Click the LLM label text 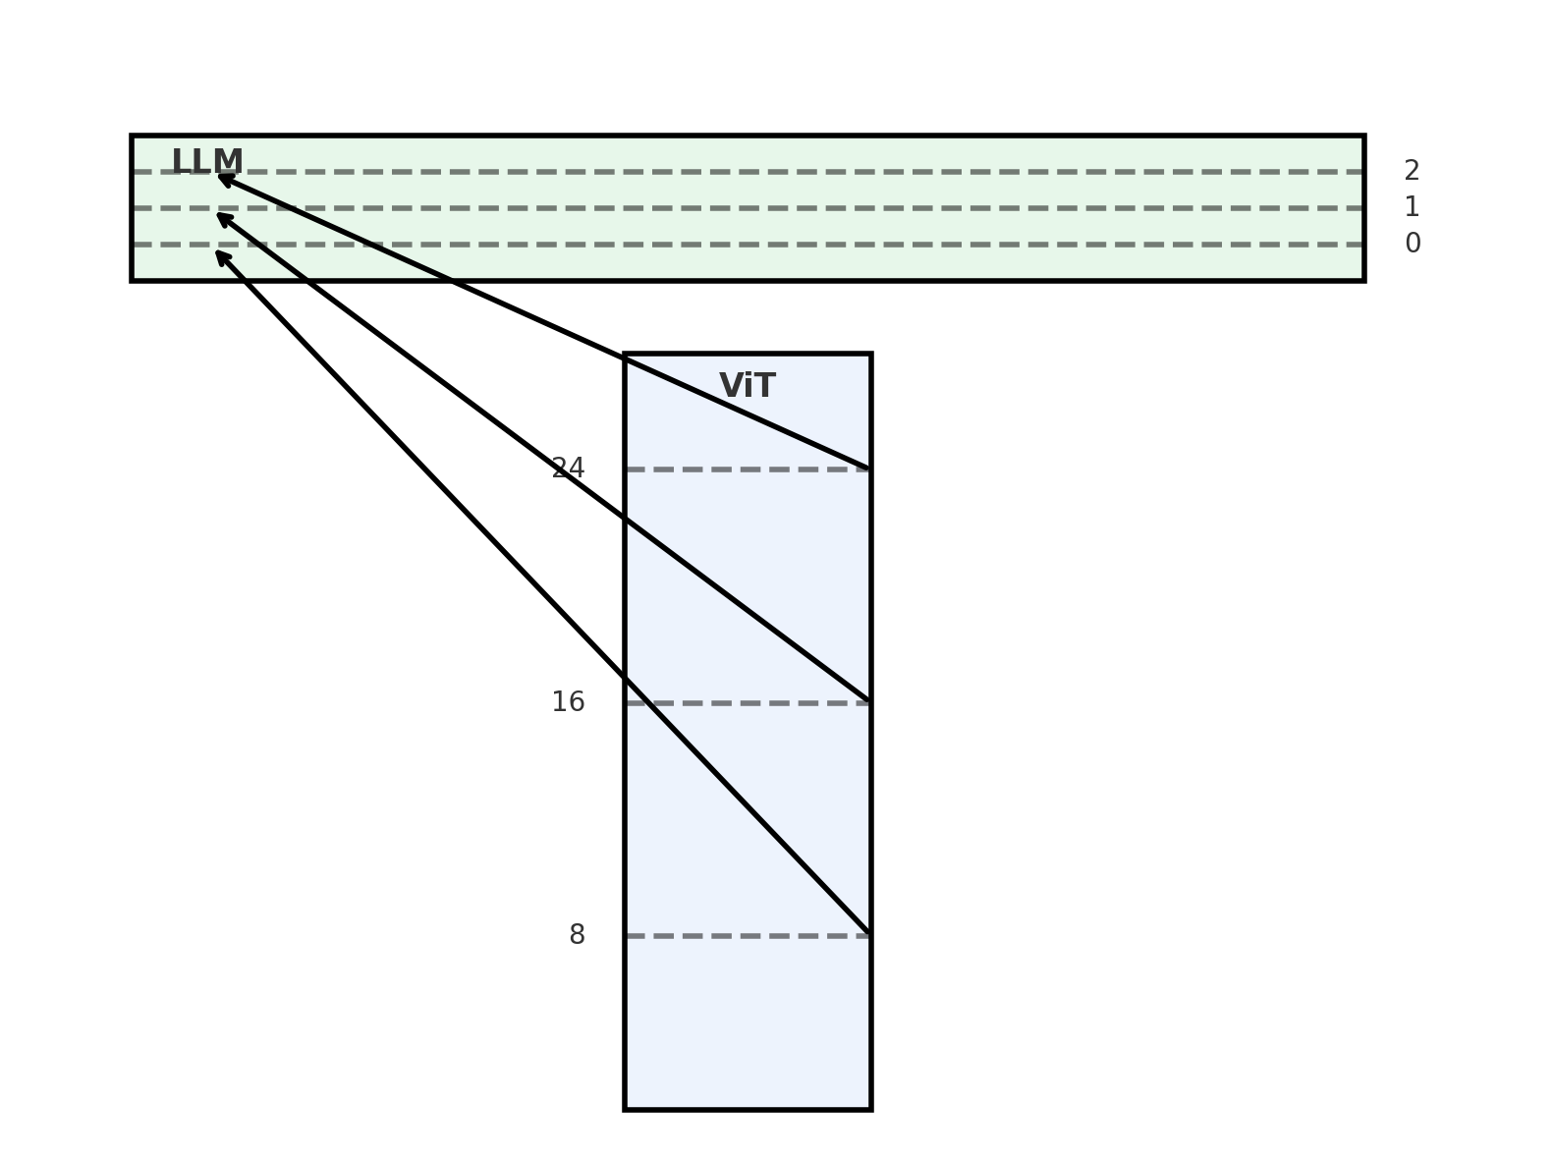[207, 162]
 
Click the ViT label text [748, 386]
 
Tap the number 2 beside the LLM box [1412, 171]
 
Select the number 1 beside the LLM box [1412, 207]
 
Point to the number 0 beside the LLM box [1413, 244]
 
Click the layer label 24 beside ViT [568, 469]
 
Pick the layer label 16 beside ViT [568, 702]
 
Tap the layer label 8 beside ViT [577, 935]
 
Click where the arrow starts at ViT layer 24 [868, 469]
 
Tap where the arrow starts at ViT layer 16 [868, 701]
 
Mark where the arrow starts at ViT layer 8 [868, 933]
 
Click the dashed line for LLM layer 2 [786, 172]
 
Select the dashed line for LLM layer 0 [786, 245]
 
